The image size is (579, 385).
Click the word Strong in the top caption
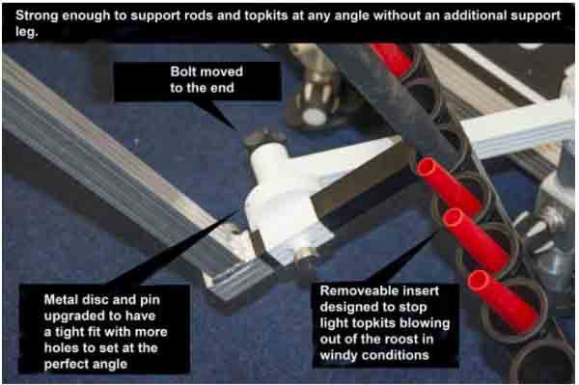tap(37, 15)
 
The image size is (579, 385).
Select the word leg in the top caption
tap(26, 32)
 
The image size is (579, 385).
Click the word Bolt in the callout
tap(185, 71)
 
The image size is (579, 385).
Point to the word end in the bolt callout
tap(223, 88)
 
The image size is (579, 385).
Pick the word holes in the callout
tap(61, 347)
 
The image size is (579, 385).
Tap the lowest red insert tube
tap(503, 300)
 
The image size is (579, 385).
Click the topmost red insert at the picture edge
tap(392, 58)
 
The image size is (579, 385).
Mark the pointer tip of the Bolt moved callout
tap(236, 130)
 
